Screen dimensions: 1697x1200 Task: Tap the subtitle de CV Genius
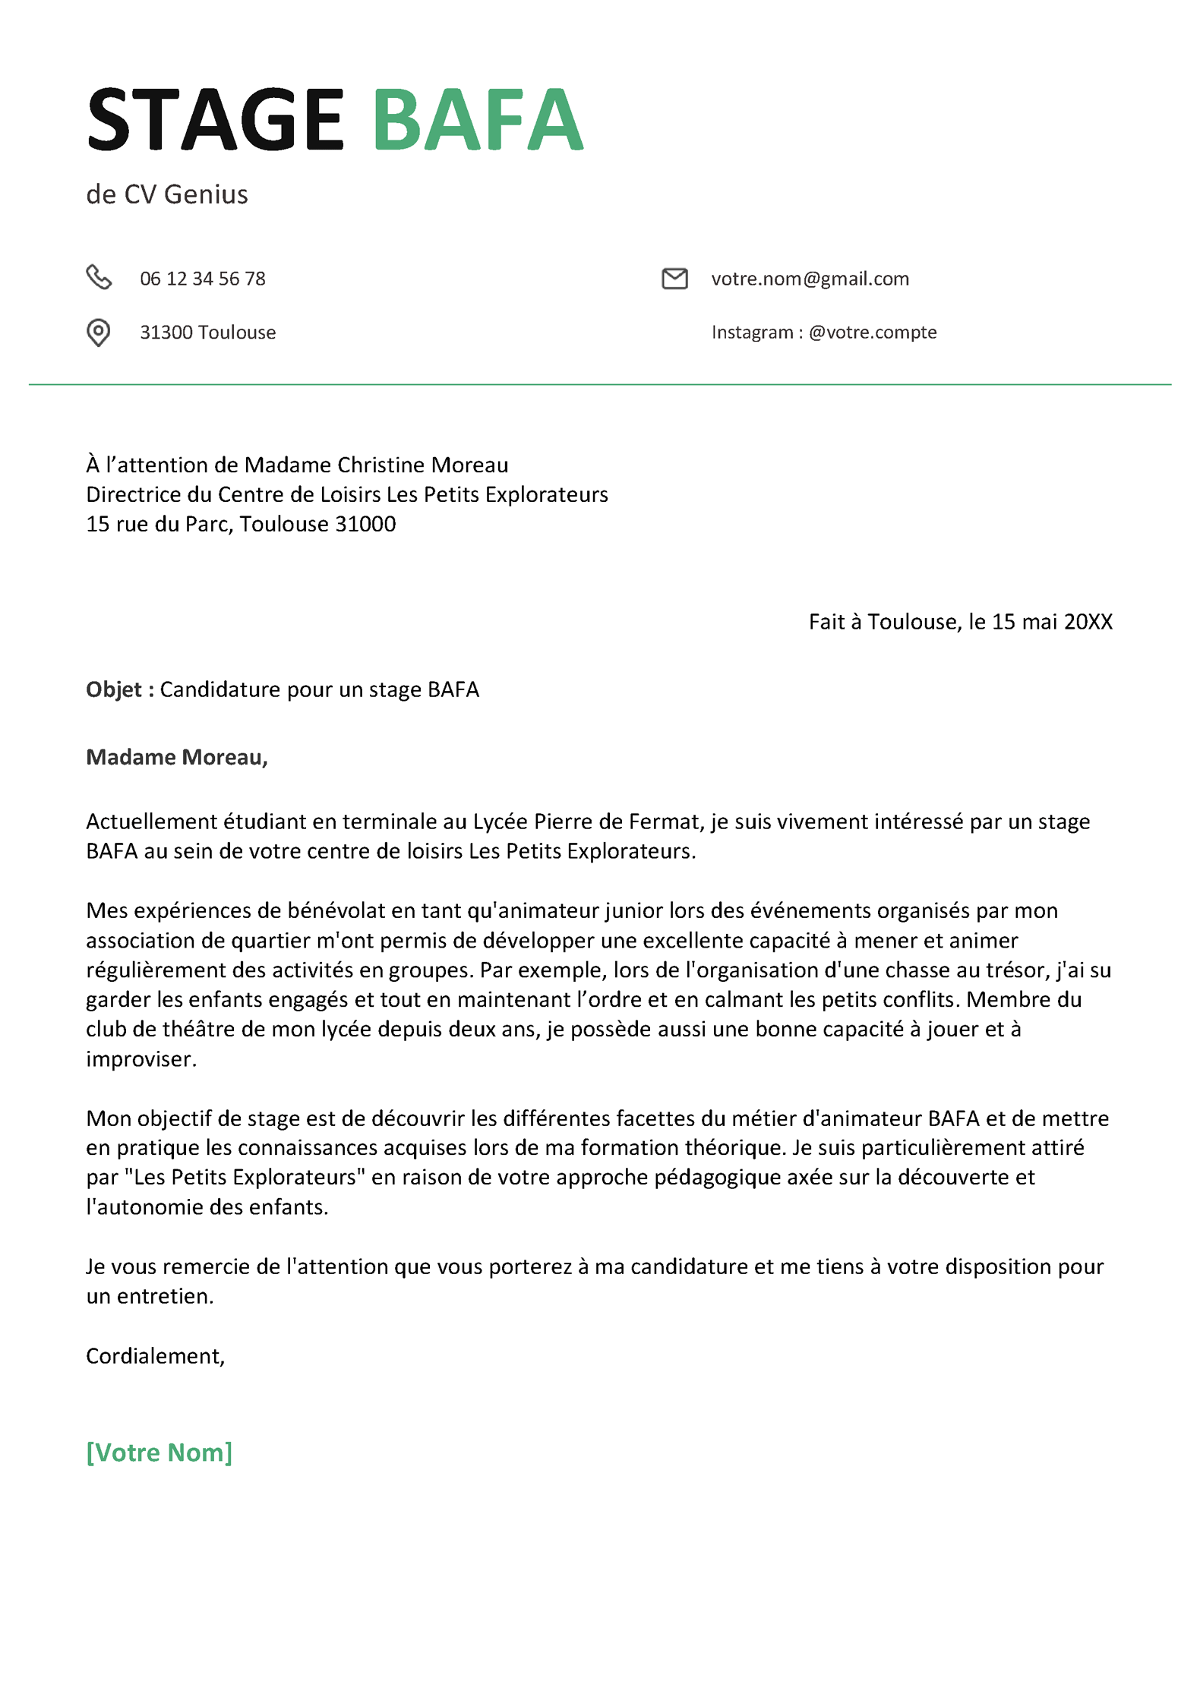coord(167,194)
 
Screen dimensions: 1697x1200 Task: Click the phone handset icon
coord(99,278)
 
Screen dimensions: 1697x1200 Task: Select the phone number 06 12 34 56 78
coord(203,279)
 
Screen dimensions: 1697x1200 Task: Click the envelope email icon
coord(674,279)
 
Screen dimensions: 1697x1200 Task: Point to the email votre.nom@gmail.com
coord(810,279)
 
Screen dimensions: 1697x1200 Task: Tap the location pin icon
coord(98,333)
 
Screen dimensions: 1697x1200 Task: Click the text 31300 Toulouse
coord(207,333)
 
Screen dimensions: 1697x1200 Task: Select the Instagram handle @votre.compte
coord(873,333)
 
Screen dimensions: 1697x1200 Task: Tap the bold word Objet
coord(114,689)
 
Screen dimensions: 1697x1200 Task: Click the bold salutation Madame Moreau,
coord(177,757)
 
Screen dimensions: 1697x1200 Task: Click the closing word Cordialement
coord(154,1356)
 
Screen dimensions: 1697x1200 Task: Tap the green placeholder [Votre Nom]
coord(159,1453)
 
